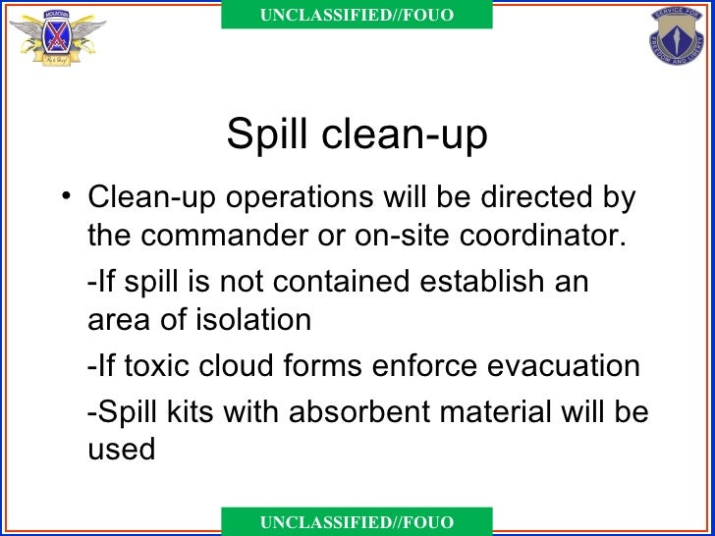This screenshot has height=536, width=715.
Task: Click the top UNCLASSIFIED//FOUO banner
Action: (357, 15)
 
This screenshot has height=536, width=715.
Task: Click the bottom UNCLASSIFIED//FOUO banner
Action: (357, 522)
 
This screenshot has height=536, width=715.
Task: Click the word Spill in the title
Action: (262, 134)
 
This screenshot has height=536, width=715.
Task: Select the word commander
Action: (242, 237)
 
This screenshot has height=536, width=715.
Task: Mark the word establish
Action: (481, 281)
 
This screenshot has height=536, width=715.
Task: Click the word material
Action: (504, 410)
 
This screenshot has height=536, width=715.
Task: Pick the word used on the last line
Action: (121, 450)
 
